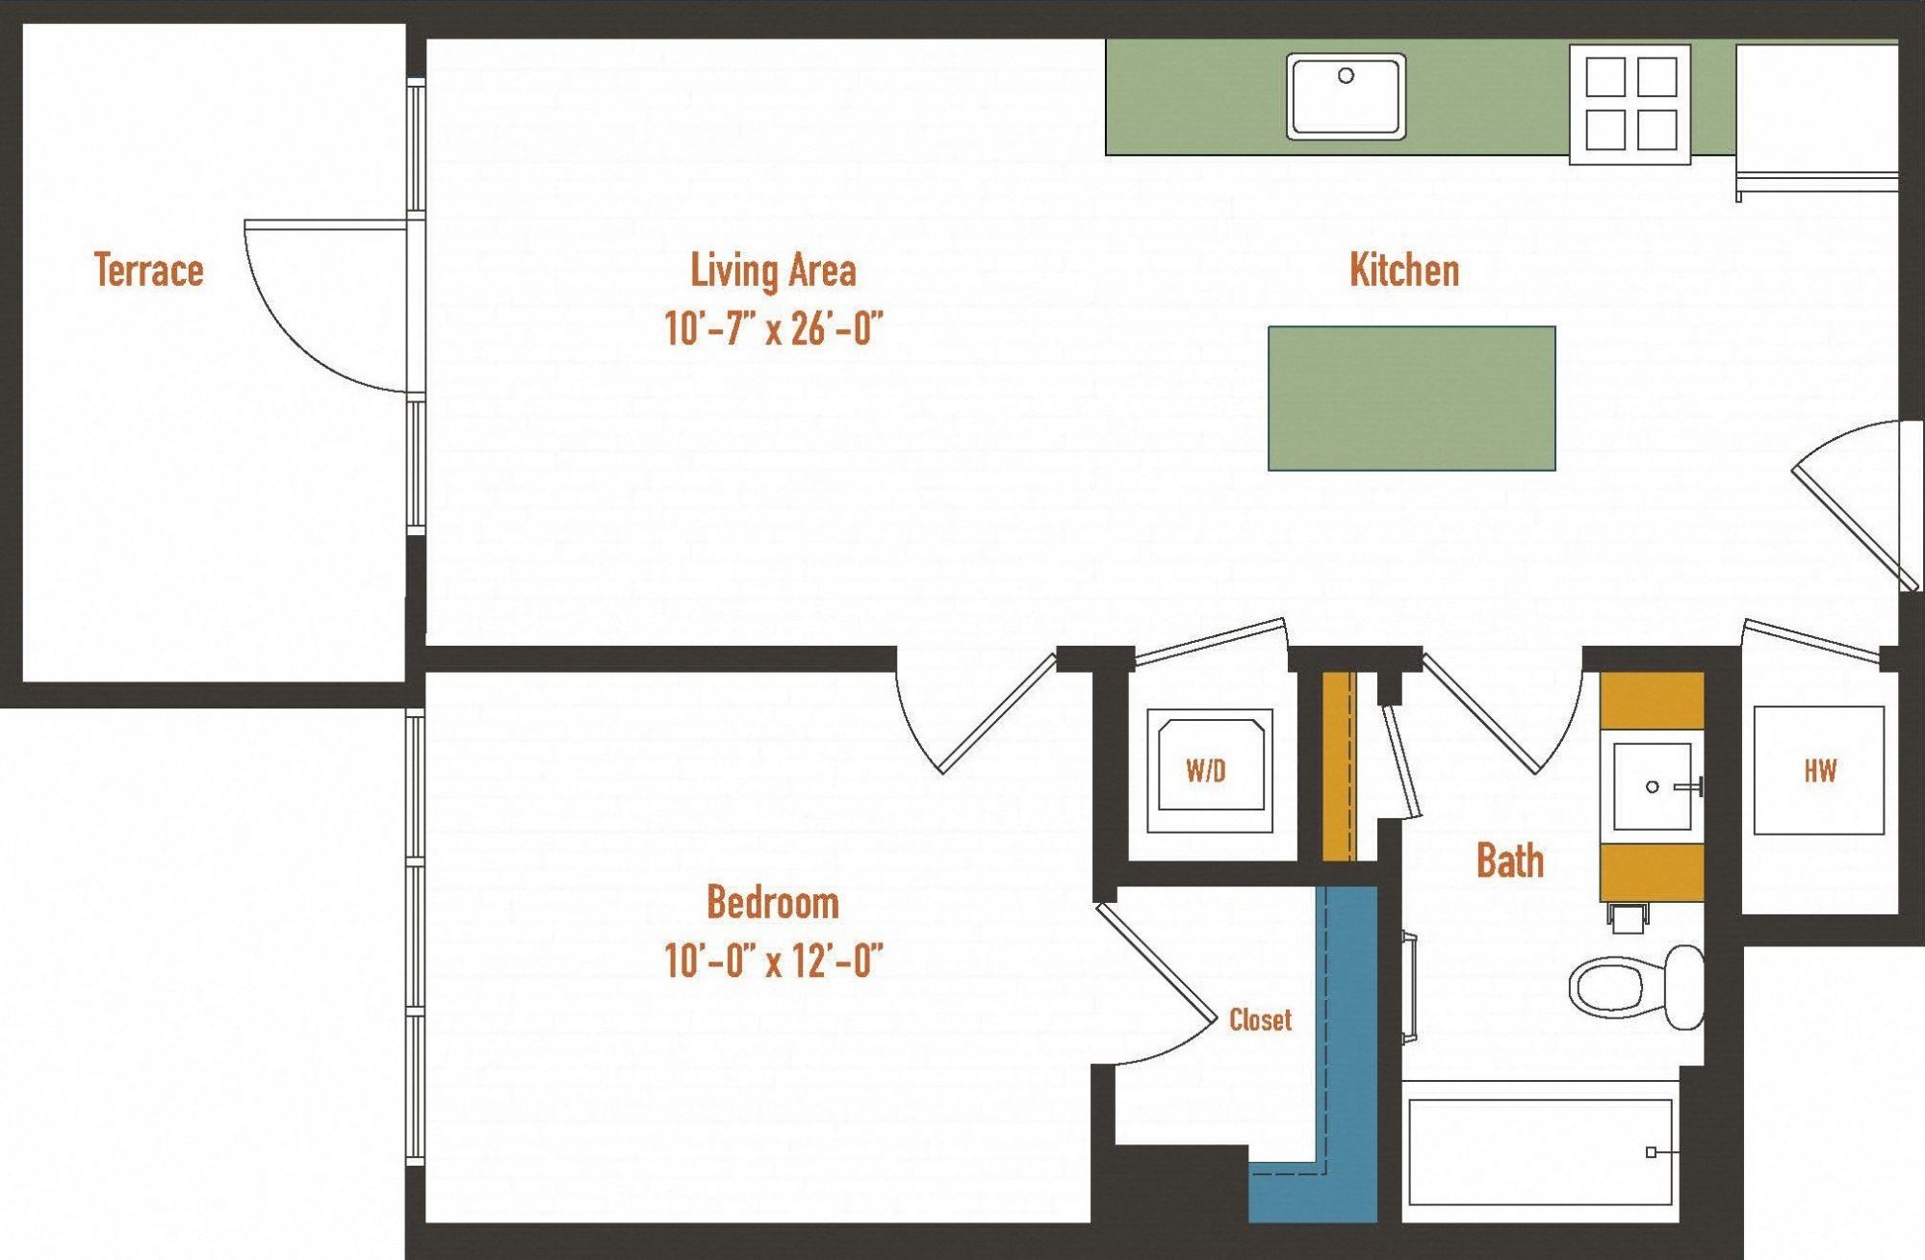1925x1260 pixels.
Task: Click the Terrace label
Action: tap(148, 270)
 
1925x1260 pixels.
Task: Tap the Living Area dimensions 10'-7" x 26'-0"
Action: tap(773, 329)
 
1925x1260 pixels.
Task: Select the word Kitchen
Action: tap(1403, 270)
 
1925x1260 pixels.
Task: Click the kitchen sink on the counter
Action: tap(1346, 96)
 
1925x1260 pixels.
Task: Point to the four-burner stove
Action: tap(1630, 103)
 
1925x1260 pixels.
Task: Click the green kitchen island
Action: tap(1411, 399)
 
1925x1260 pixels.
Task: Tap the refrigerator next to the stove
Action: tap(1815, 111)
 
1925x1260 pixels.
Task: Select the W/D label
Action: tap(1206, 770)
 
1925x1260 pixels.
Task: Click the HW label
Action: tap(1819, 770)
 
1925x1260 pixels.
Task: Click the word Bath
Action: tap(1509, 861)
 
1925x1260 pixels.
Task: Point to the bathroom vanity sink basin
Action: tap(1652, 786)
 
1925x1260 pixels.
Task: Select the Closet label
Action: tap(1260, 1020)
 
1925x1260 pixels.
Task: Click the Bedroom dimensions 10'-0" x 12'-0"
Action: tap(773, 960)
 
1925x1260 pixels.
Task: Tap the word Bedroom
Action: tap(773, 903)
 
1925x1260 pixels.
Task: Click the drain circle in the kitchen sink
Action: tap(1346, 75)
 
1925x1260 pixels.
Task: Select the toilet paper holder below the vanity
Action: tap(1627, 917)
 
